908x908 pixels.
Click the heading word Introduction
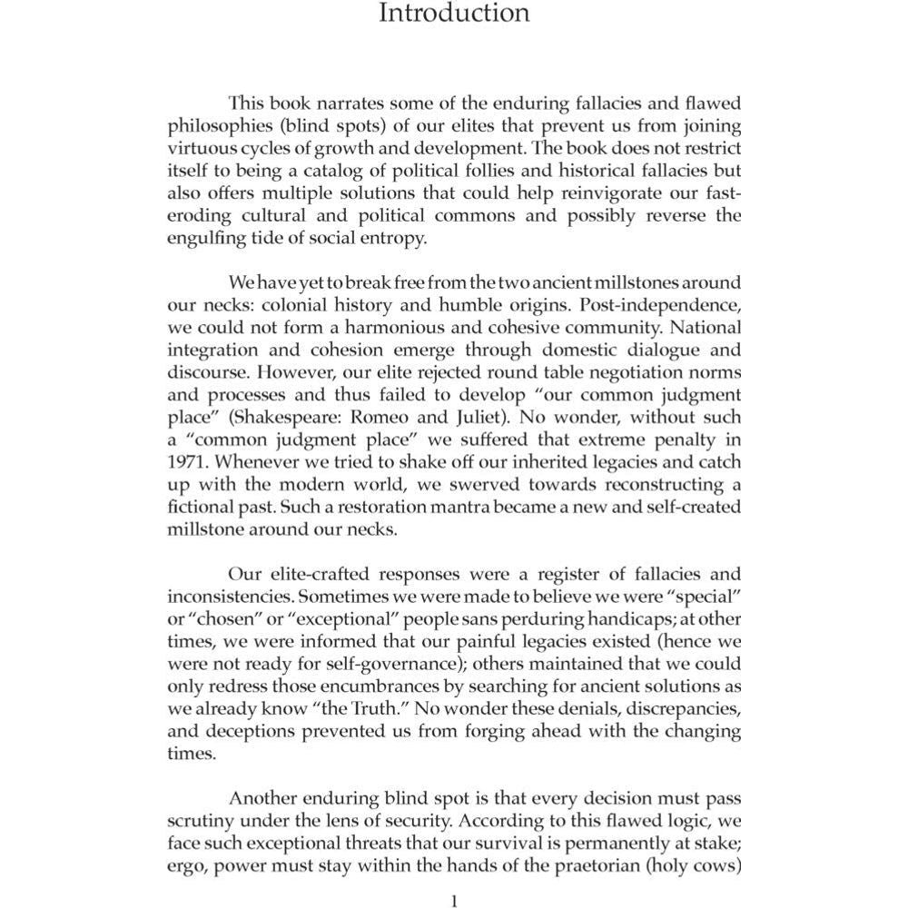coord(453,14)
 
